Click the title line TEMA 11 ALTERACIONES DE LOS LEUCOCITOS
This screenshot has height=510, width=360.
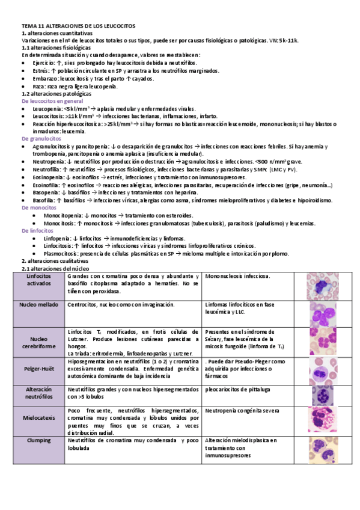point(78,26)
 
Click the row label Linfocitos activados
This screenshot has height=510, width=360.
point(38,280)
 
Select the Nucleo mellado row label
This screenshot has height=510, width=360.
point(38,305)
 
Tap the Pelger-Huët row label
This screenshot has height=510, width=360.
point(38,366)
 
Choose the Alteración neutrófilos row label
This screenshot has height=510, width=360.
point(38,393)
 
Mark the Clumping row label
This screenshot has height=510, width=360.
point(38,440)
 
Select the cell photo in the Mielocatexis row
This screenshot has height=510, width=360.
point(325,420)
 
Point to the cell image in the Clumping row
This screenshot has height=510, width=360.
point(325,449)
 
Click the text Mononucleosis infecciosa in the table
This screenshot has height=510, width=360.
point(237,276)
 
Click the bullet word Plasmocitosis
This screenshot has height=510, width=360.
point(61,254)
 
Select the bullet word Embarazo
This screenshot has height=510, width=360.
point(46,78)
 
